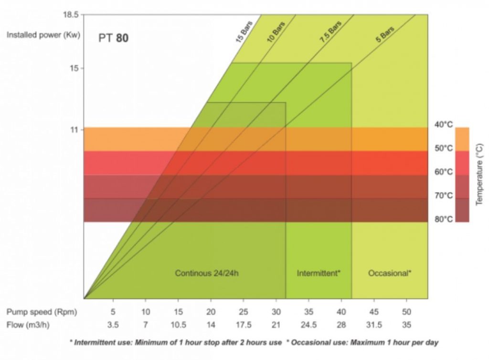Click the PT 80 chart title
[x=113, y=38]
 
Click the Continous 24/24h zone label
[x=206, y=274]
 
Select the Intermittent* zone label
[x=319, y=274]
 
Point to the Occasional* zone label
[x=390, y=274]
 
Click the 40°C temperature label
[x=443, y=125]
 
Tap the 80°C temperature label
[x=443, y=219]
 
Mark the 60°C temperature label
[x=443, y=172]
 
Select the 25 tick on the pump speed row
[x=244, y=312]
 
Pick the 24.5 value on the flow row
[x=308, y=325]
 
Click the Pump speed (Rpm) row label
[x=39, y=312]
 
